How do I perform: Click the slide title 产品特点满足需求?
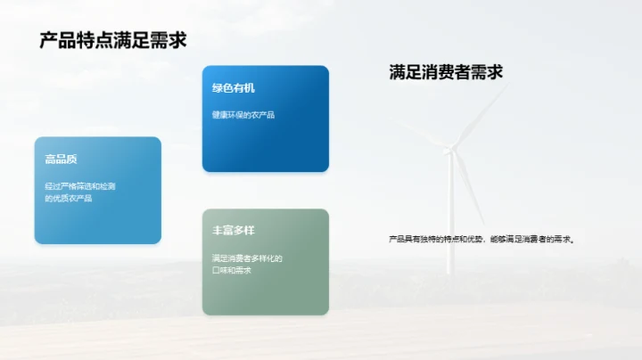(x=112, y=40)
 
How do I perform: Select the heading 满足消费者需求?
(x=446, y=72)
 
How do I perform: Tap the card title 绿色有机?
(x=234, y=87)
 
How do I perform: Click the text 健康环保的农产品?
(x=243, y=114)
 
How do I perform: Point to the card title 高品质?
(x=62, y=159)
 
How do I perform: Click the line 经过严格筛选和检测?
(x=80, y=185)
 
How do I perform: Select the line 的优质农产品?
(x=69, y=198)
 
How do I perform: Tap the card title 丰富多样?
(x=234, y=230)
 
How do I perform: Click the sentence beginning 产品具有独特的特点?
(x=482, y=239)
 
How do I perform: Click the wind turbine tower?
(x=450, y=214)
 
